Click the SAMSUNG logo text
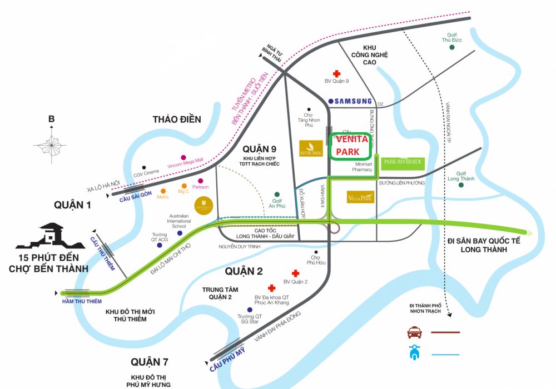click(x=350, y=101)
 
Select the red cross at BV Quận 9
click(x=336, y=73)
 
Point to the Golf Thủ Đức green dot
click(x=452, y=47)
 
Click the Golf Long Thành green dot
click(x=461, y=184)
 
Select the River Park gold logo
click(x=311, y=148)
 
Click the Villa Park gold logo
click(x=360, y=197)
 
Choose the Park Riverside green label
click(x=403, y=162)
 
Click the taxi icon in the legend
click(x=414, y=332)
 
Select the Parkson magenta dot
click(x=200, y=180)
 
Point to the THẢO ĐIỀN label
click(x=177, y=119)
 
